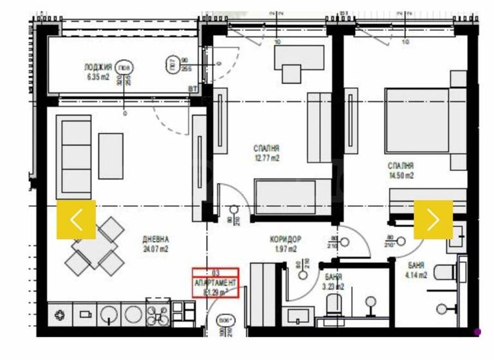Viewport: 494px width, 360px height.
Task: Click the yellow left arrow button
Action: coord(76,219)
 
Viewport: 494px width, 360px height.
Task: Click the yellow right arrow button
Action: coord(433,219)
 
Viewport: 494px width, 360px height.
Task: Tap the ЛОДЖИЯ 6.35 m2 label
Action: coord(98,71)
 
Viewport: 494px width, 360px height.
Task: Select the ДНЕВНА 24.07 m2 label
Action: coord(156,244)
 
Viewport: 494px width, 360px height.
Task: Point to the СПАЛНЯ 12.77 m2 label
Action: coord(266,153)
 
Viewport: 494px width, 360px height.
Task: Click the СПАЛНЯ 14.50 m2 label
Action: coord(400,170)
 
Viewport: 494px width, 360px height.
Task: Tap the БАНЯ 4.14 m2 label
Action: coord(416,269)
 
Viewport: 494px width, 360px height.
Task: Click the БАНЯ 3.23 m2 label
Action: coord(333,281)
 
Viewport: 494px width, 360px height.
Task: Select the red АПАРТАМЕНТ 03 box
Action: coord(217,283)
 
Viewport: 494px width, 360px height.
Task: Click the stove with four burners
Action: coord(158,314)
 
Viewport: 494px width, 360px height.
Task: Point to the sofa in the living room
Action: coord(73,157)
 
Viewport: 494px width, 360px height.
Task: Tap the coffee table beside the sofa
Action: coord(111,156)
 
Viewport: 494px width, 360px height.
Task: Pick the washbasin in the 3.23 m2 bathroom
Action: coord(298,317)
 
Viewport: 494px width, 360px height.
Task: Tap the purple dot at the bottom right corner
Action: coord(477,332)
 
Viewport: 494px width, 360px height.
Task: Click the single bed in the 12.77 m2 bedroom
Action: coord(285,197)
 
